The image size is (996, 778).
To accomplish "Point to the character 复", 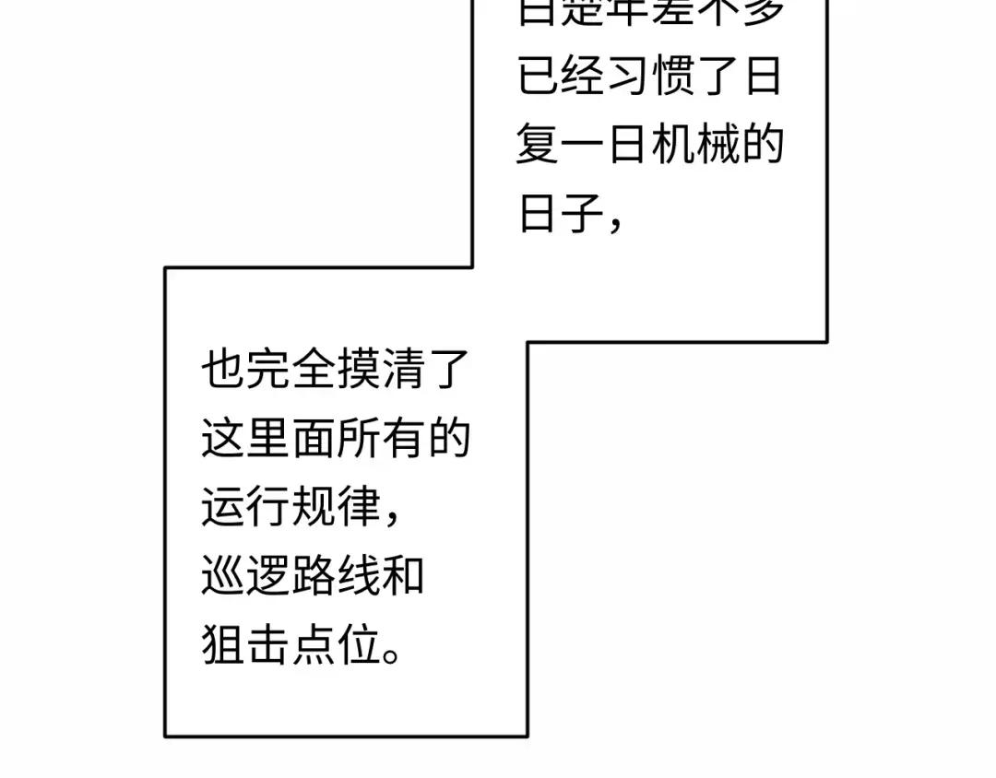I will (x=538, y=147).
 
